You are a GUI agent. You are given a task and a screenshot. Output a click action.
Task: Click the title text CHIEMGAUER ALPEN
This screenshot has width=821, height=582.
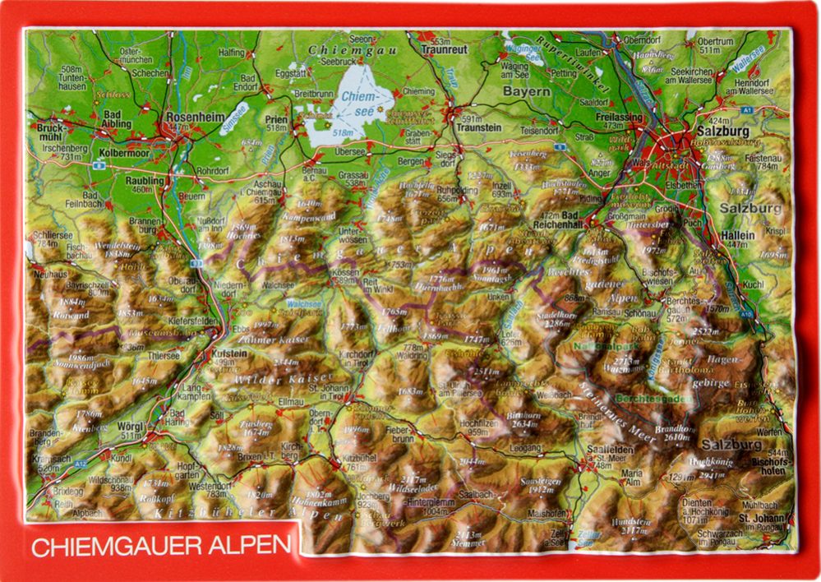pyautogui.click(x=161, y=544)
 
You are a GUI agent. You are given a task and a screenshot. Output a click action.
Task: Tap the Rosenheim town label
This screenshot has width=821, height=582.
pyautogui.click(x=194, y=118)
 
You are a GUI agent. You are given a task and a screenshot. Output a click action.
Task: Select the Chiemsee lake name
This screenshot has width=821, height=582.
pyautogui.click(x=358, y=103)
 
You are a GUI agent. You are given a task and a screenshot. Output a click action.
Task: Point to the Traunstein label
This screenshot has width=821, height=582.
pyautogui.click(x=479, y=128)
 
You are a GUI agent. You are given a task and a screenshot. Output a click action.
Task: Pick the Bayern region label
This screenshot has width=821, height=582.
pyautogui.click(x=527, y=91)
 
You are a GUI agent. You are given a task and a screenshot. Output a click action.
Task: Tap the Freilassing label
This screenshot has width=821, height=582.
pyautogui.click(x=622, y=118)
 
